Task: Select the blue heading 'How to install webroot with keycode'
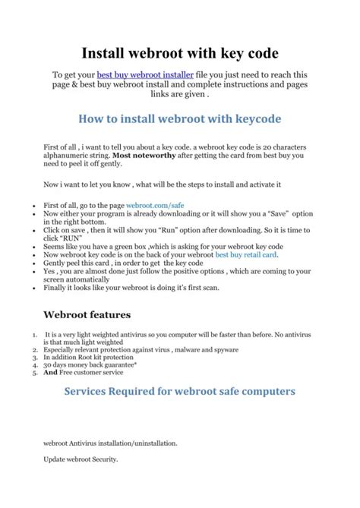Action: click(180, 118)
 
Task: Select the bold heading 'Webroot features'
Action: click(87, 314)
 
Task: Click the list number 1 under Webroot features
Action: click(35, 333)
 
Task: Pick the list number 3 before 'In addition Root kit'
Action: click(35, 357)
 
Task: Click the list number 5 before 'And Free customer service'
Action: click(35, 373)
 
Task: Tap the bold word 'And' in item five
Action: click(51, 373)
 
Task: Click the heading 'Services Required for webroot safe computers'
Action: click(180, 392)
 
